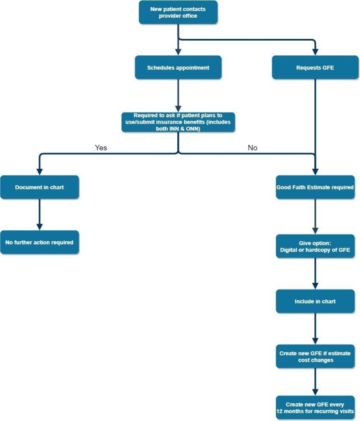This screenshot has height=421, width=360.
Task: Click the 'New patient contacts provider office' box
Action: (x=178, y=12)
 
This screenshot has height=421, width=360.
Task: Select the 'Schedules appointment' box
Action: (x=178, y=67)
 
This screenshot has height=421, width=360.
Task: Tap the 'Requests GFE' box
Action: (x=315, y=67)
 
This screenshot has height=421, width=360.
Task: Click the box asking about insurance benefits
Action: (x=178, y=122)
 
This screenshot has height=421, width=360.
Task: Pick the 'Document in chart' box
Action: (x=39, y=187)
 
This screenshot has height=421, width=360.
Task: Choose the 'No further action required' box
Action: (x=39, y=242)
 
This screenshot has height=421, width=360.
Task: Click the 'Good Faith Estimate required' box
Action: (x=315, y=187)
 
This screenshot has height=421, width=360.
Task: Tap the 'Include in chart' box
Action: (x=315, y=301)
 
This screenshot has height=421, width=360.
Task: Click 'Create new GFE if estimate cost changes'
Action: (x=315, y=356)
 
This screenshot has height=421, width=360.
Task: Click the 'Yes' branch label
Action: (x=101, y=148)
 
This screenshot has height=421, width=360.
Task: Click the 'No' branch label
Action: (x=253, y=148)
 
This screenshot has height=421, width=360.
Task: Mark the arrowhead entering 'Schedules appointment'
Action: (x=178, y=52)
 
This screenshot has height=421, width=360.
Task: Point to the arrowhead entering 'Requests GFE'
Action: (x=315, y=52)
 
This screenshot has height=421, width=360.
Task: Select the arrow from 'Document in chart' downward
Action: (x=39, y=214)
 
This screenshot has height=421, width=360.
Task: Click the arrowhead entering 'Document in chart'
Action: (x=39, y=172)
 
